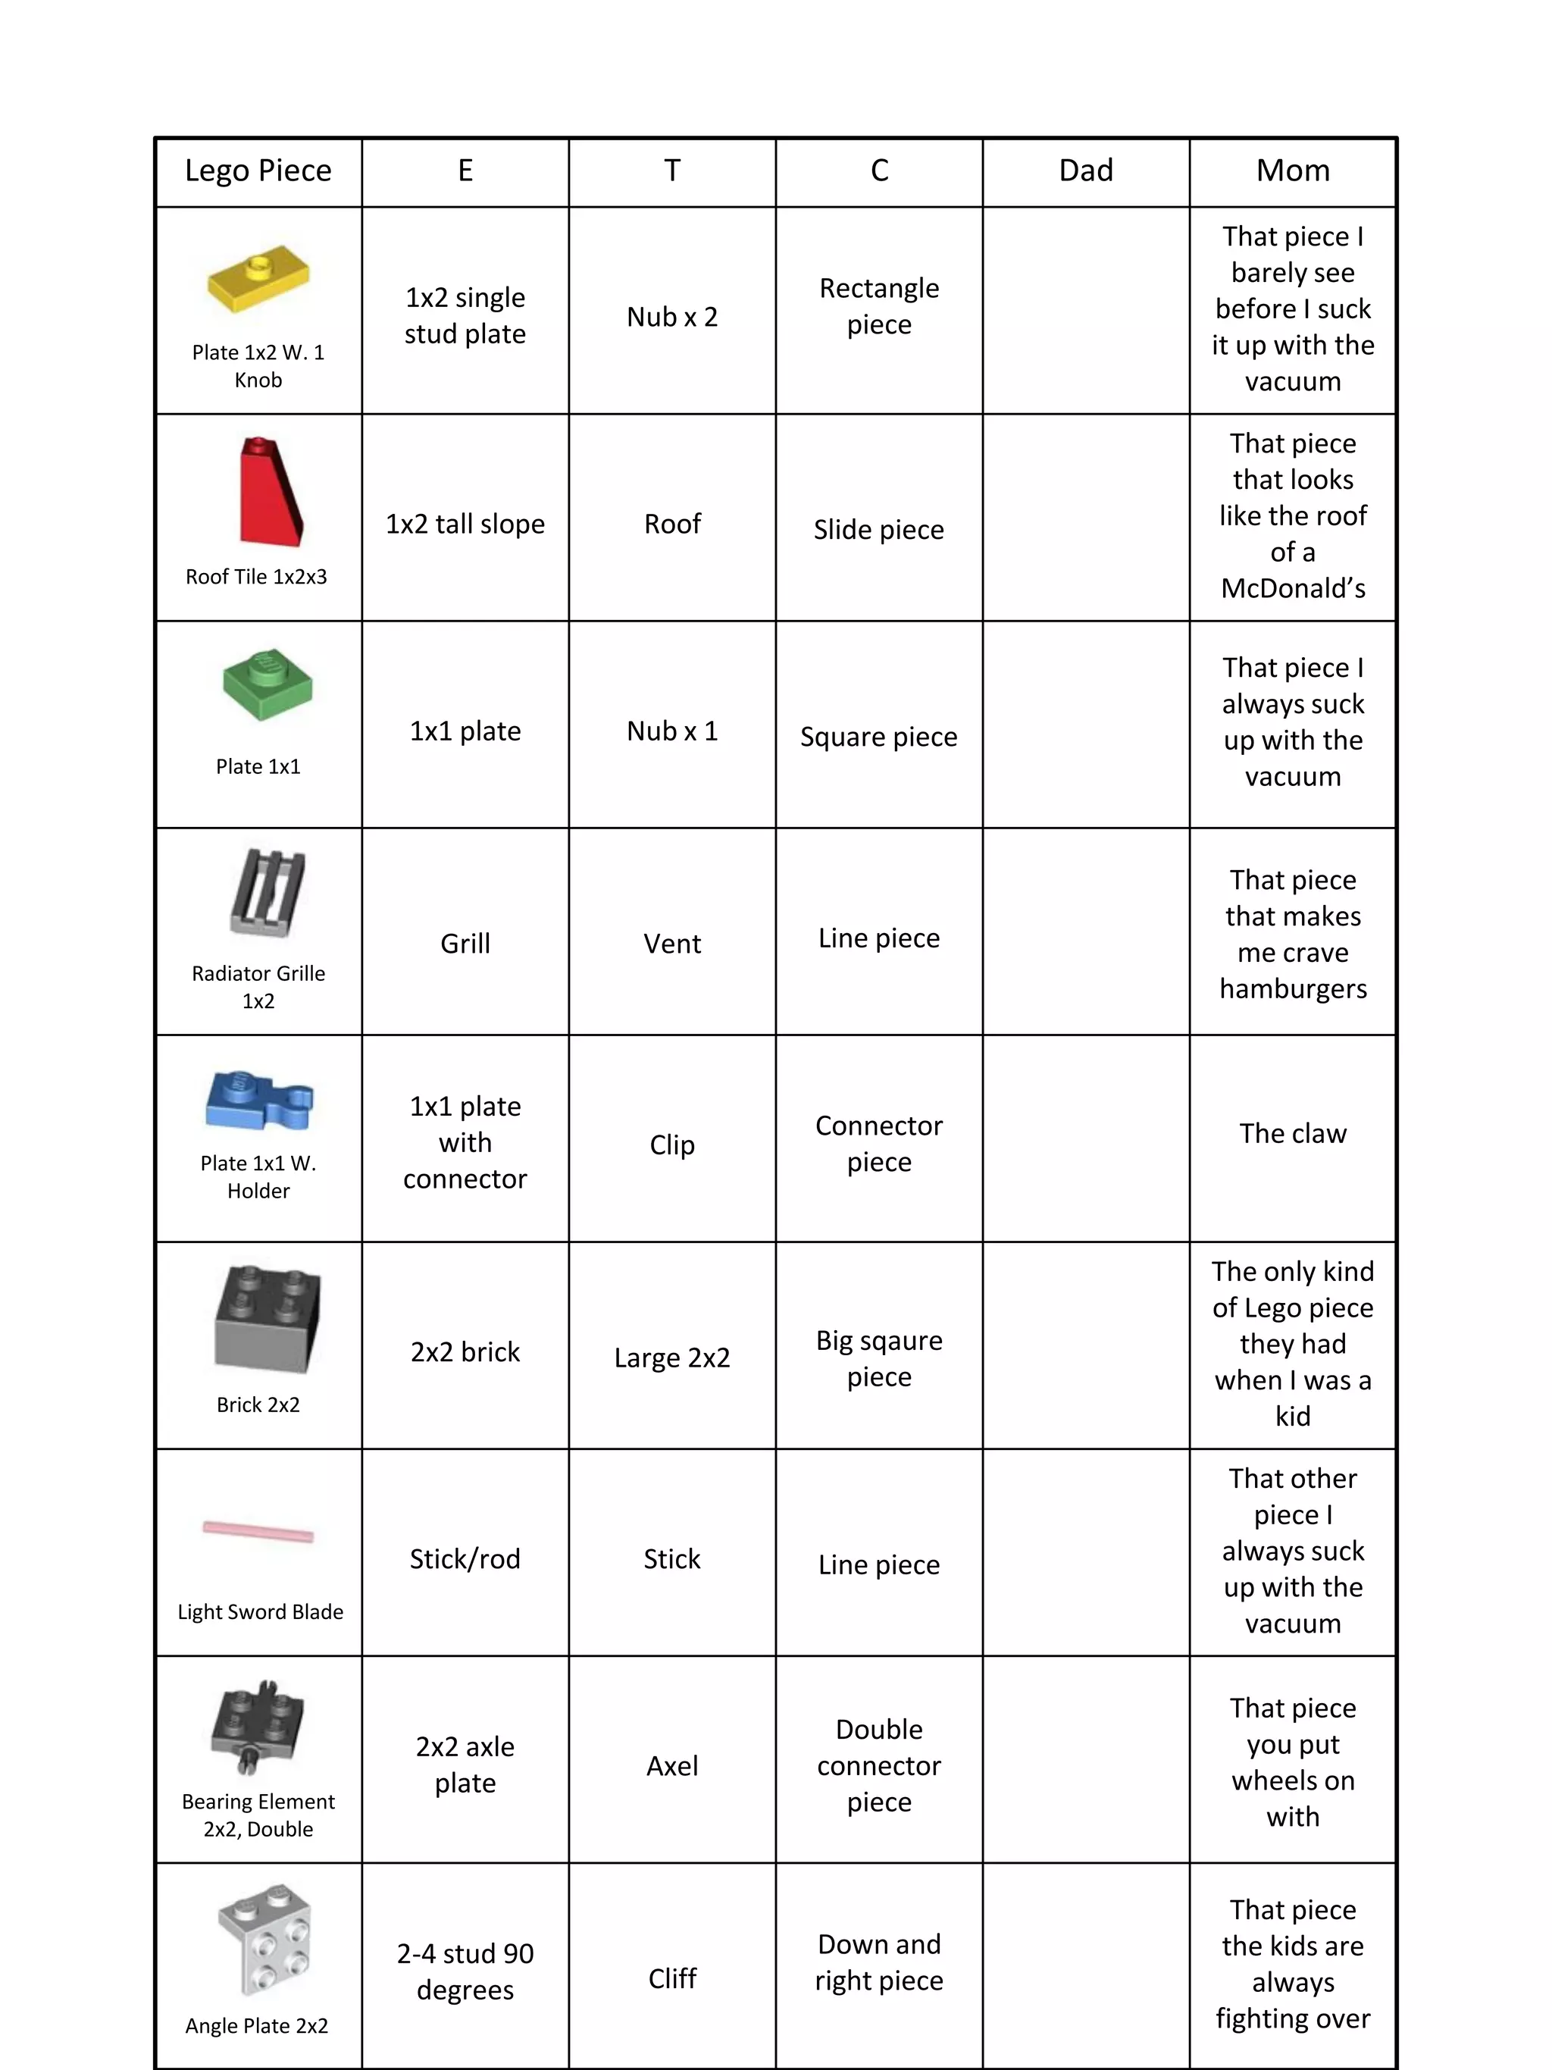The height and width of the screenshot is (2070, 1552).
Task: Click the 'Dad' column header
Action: coord(1085,171)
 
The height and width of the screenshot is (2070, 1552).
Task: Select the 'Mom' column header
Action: coord(1292,171)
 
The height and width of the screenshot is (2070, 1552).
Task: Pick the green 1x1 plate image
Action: coord(268,685)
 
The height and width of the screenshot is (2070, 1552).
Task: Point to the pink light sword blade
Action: coord(258,1531)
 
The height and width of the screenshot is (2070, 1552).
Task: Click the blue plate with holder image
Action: coord(258,1100)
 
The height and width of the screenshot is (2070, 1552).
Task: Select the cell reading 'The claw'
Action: coord(1292,1133)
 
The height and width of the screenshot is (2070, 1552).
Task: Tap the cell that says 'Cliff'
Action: coord(671,1978)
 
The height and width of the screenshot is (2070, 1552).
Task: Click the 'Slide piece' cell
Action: coord(878,530)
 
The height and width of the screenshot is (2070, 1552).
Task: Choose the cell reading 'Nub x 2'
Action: coord(671,318)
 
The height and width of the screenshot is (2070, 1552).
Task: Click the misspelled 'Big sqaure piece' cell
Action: coord(878,1358)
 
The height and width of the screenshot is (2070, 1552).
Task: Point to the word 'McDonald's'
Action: coord(1292,589)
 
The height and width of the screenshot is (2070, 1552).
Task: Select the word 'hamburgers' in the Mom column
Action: coord(1292,989)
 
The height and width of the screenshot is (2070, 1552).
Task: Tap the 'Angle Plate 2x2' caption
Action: coord(257,2026)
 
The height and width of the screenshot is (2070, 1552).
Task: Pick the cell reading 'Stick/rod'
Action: coord(465,1559)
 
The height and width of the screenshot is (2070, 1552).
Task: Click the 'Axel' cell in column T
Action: coord(671,1766)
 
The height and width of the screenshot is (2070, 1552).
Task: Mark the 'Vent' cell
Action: coord(671,944)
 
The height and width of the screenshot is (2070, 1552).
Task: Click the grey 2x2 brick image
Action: coord(268,1320)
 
